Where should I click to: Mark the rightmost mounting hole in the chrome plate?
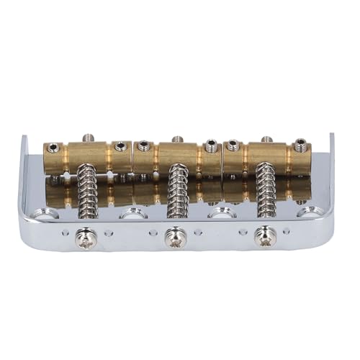click(310, 211)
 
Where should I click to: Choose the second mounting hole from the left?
click(134, 213)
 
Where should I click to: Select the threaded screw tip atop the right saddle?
click(266, 136)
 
